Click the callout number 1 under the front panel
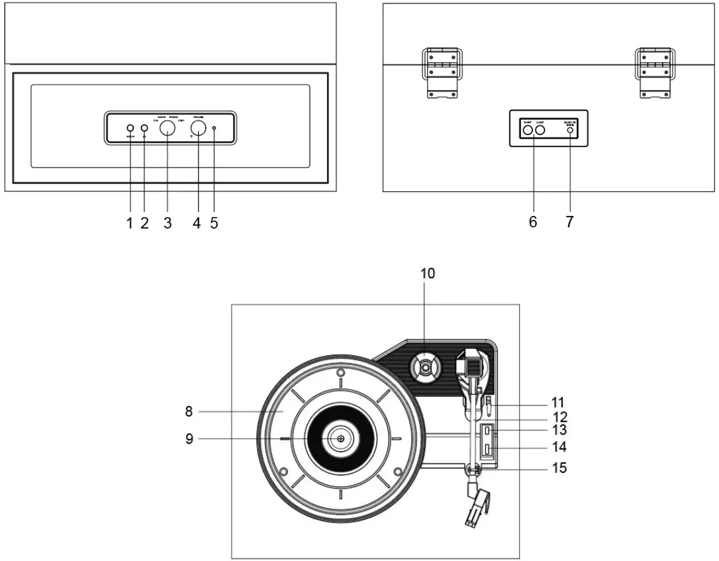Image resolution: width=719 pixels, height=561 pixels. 130,223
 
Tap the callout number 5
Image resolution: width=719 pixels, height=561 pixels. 214,223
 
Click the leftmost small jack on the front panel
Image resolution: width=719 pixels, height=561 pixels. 130,128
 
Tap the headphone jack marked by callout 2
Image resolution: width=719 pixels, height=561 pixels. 144,128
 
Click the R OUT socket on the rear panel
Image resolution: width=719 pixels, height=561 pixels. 528,130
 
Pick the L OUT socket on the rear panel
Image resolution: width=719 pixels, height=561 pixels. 540,130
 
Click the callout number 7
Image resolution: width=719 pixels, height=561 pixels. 569,223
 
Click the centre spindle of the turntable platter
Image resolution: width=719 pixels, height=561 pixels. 340,438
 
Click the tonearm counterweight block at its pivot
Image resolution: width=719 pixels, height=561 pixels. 471,364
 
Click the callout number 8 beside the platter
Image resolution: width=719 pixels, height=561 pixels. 189,411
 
